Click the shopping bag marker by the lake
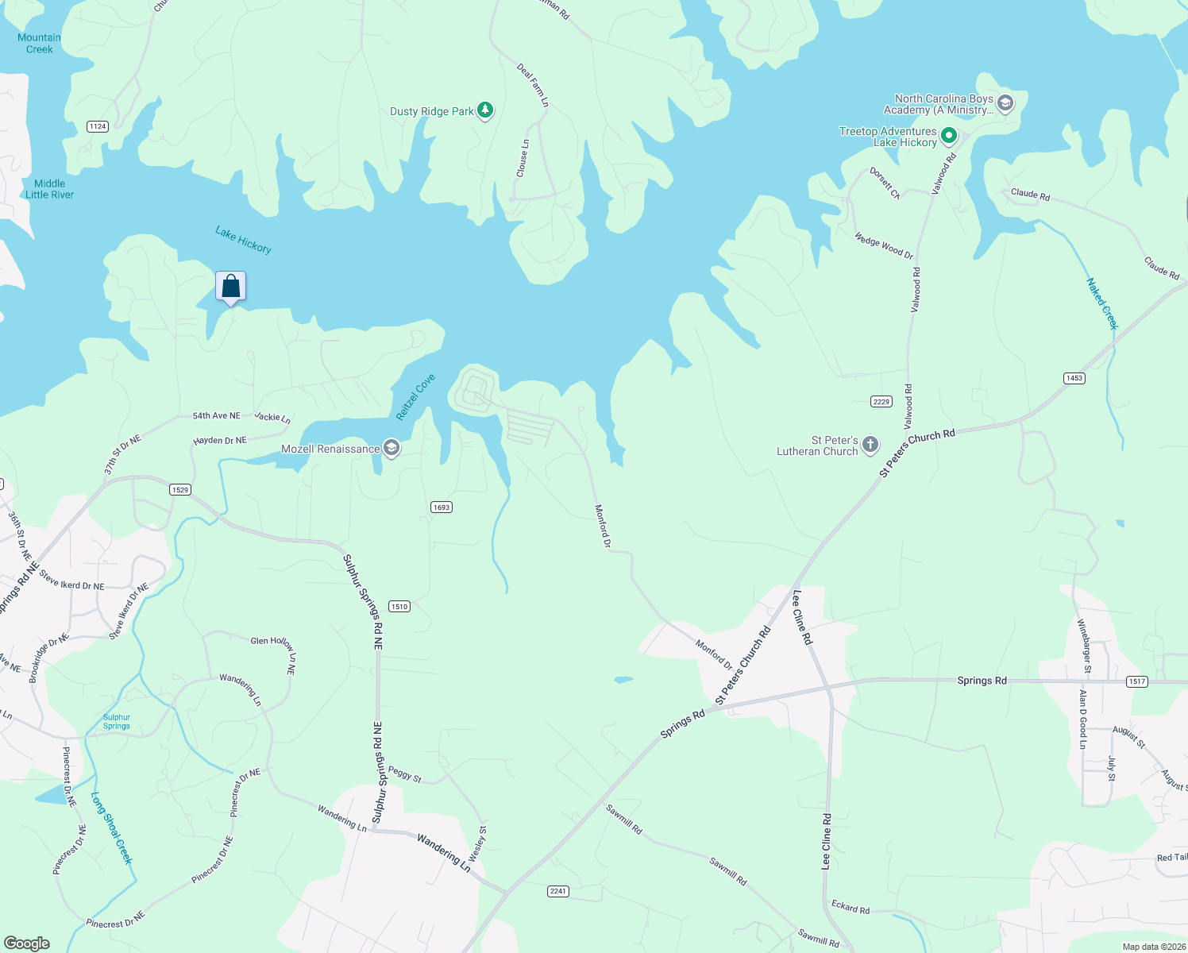click(230, 286)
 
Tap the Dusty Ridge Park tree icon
click(484, 110)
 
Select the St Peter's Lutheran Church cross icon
click(870, 445)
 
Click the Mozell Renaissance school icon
click(391, 449)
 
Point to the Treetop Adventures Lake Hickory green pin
click(948, 137)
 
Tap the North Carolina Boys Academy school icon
click(1005, 104)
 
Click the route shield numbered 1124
click(98, 126)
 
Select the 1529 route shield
click(180, 490)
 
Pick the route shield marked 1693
click(442, 507)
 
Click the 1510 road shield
click(399, 607)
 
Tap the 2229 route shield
click(881, 402)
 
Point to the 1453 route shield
click(1074, 378)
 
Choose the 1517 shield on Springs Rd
click(1137, 681)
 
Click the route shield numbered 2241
click(558, 891)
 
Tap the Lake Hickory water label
click(243, 240)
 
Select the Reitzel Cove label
click(416, 397)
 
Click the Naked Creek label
click(1101, 303)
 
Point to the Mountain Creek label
click(39, 43)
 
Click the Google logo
click(27, 943)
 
